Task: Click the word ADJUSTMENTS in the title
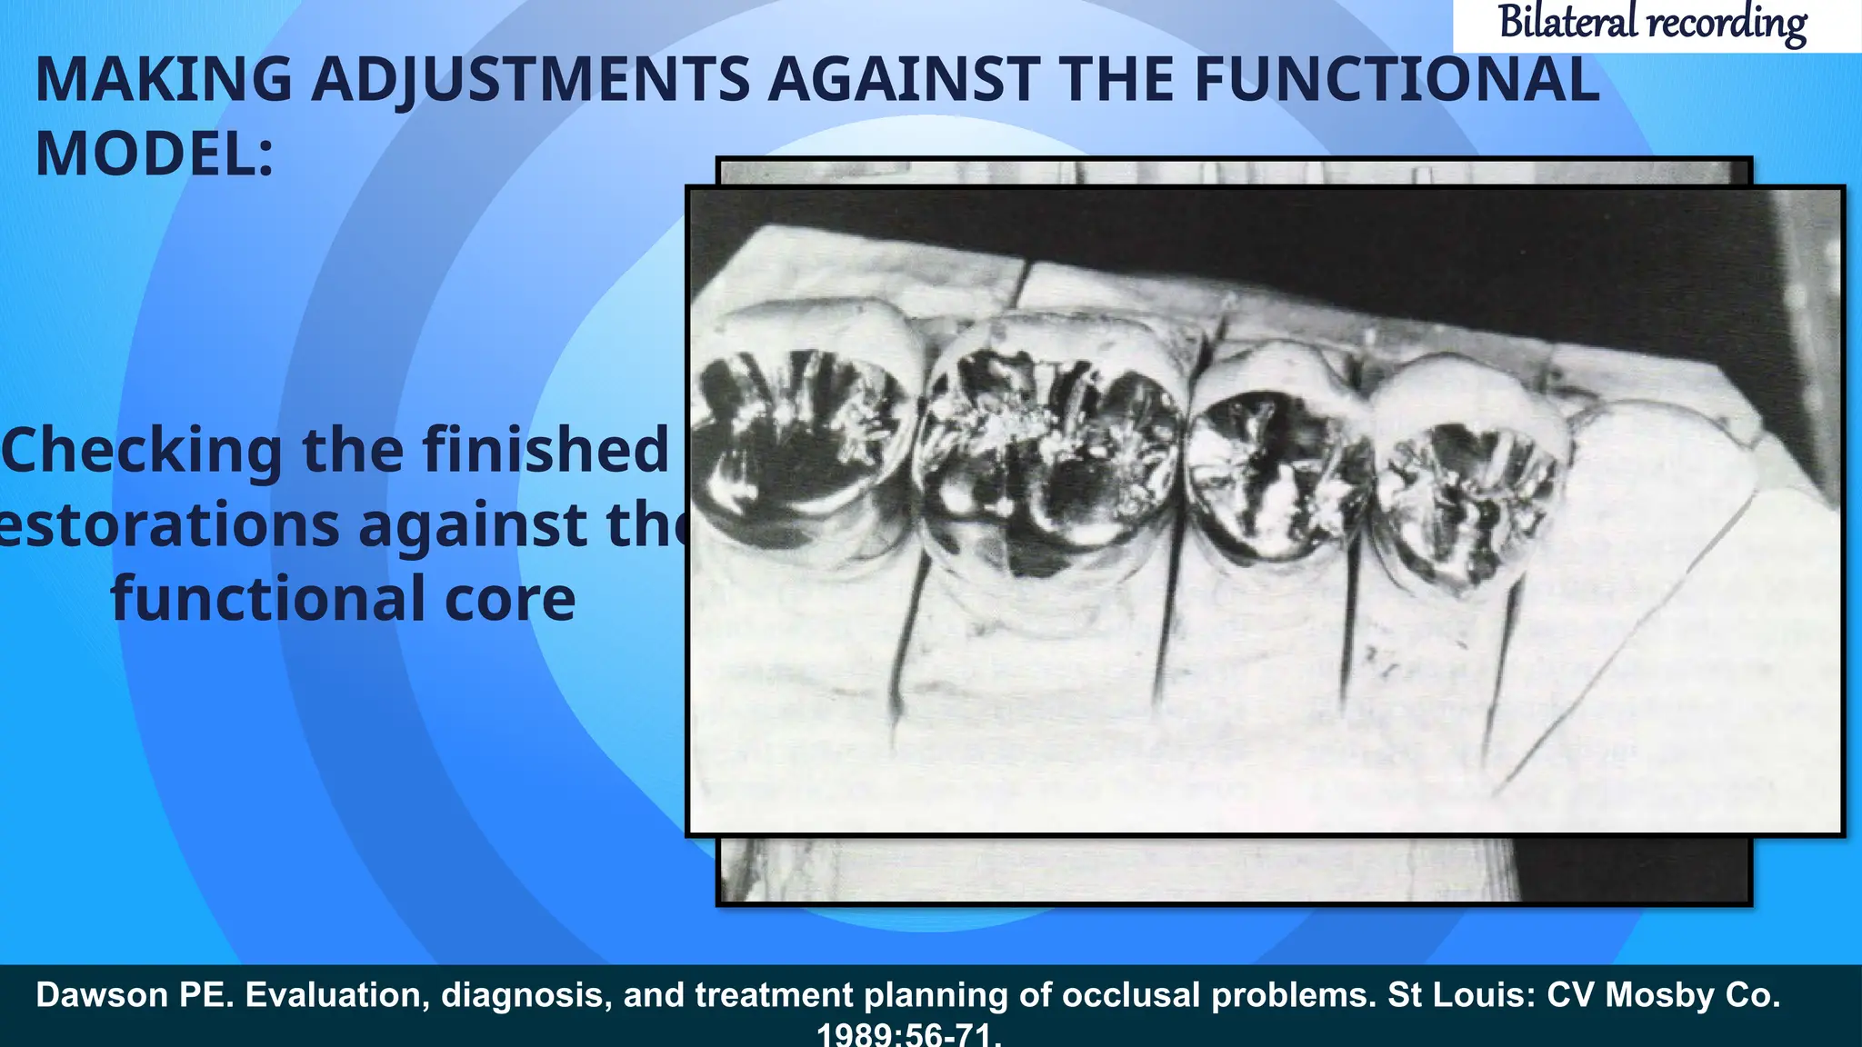(530, 80)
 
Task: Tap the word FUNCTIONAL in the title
(1396, 80)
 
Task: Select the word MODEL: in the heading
(155, 155)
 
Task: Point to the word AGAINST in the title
(904, 80)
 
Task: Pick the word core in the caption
(510, 600)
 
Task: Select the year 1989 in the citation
(855, 1035)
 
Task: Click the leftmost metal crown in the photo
(800, 445)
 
